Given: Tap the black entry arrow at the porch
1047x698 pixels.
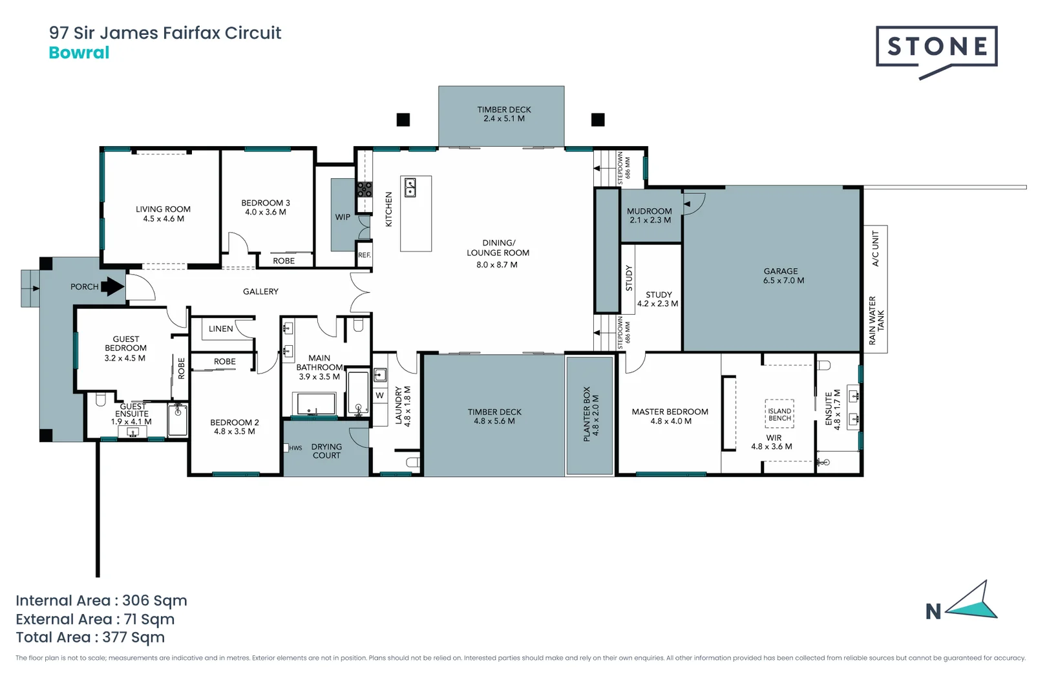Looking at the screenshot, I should (x=113, y=286).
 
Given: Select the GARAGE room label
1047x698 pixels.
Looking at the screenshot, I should (x=781, y=271).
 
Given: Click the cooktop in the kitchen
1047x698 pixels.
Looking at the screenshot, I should (x=365, y=189).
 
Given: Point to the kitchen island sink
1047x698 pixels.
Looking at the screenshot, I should (x=410, y=187).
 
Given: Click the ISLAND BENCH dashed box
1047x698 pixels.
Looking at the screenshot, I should (x=779, y=414).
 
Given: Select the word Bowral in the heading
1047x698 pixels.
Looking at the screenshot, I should (x=79, y=53).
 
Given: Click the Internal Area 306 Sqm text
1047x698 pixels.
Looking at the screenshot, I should (x=101, y=600).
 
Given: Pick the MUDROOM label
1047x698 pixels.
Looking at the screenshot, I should (x=649, y=211).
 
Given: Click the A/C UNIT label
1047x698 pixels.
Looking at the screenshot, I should (x=876, y=249).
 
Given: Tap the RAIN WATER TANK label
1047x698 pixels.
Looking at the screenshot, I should (x=876, y=321).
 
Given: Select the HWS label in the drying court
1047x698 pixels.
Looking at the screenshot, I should (x=295, y=448).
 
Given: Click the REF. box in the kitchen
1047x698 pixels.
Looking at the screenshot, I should (x=365, y=255).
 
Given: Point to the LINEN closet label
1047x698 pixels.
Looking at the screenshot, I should (x=220, y=329).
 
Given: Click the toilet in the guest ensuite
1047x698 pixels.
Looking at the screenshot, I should (x=101, y=400).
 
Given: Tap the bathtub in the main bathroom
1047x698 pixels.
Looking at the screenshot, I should (x=315, y=405).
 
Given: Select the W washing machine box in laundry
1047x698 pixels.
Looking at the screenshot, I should (x=379, y=395).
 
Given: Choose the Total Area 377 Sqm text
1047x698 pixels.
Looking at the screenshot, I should (x=90, y=637).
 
